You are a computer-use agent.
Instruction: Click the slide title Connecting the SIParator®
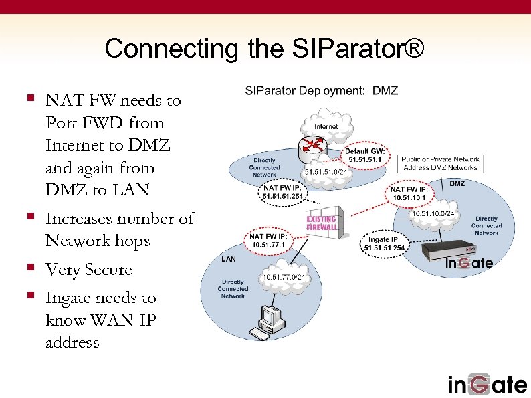pos(264,49)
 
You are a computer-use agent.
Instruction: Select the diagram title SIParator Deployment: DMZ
pos(321,90)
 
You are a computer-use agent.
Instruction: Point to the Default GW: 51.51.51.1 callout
pos(364,156)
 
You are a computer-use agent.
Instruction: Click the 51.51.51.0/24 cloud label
pos(326,172)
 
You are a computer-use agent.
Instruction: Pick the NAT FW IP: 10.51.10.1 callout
pos(411,193)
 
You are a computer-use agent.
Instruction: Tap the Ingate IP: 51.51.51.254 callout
pos(385,243)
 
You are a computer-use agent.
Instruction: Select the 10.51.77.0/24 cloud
pos(284,277)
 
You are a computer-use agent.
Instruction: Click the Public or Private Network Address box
pos(440,163)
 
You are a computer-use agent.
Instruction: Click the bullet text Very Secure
pos(88,270)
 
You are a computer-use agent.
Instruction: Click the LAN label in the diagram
pos(228,258)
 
